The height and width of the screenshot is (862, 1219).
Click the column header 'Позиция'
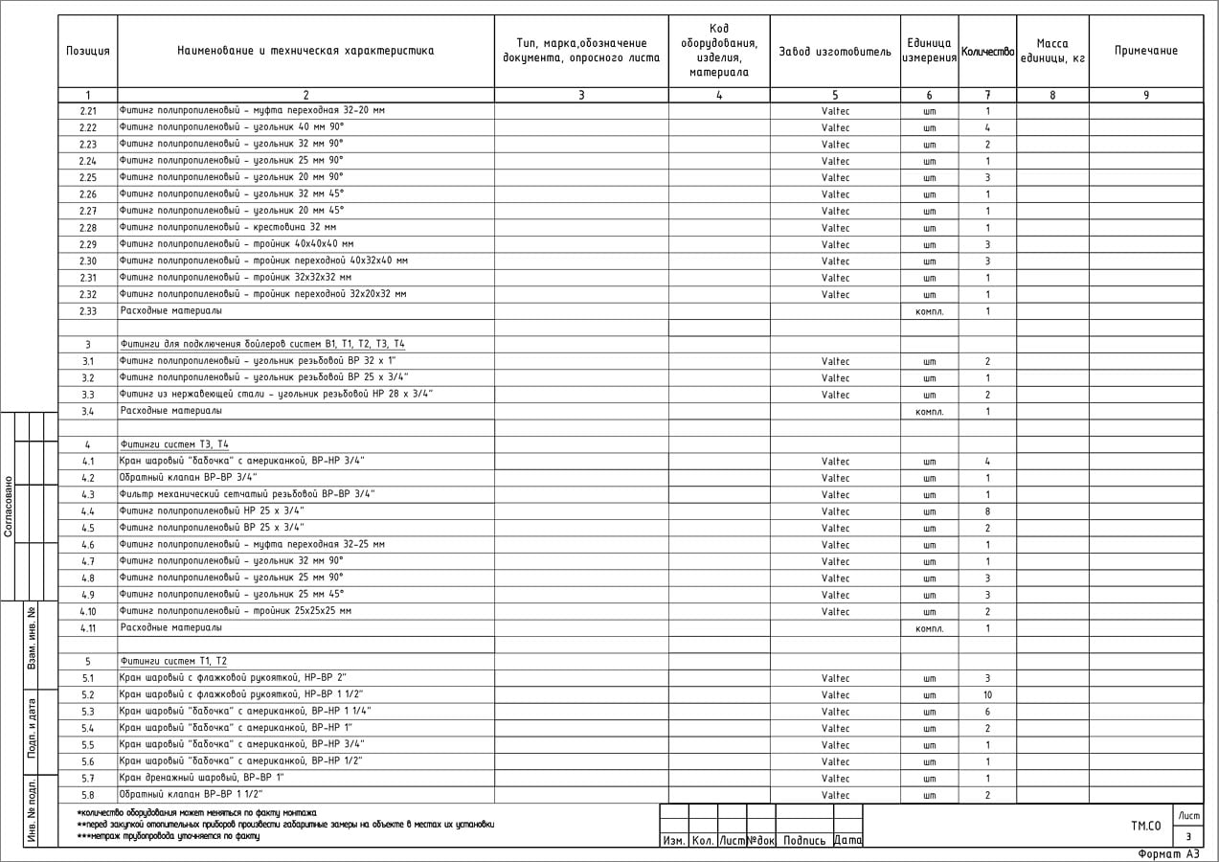coord(88,51)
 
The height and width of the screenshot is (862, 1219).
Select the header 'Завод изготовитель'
coord(835,51)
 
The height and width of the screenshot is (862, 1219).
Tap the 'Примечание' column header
coord(1146,51)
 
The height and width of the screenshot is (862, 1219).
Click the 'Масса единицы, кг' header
coord(1052,51)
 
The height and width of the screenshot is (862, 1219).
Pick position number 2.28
coord(88,228)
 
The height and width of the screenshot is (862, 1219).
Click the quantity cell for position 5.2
coord(987,695)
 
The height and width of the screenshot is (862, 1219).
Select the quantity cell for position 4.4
coord(987,511)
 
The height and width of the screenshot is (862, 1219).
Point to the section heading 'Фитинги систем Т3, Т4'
coord(174,444)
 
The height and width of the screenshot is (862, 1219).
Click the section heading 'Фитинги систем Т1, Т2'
coord(174,662)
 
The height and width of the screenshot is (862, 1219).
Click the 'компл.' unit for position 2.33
coord(929,311)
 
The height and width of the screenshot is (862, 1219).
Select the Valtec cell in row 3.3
coord(835,395)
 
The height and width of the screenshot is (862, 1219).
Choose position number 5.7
coord(88,779)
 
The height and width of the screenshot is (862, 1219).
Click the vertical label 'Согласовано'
coord(9,506)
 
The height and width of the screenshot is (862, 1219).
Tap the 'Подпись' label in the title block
coord(804,841)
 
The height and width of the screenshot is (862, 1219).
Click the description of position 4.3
coord(247,494)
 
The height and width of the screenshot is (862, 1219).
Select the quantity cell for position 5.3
coord(987,712)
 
